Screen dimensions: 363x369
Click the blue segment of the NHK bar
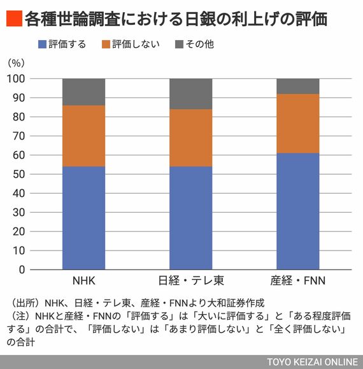coord(83,218)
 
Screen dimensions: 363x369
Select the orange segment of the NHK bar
coord(83,136)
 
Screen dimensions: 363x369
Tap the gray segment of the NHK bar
coord(83,92)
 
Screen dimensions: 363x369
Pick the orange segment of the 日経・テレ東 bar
coord(190,138)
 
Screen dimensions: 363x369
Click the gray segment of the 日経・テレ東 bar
coord(190,94)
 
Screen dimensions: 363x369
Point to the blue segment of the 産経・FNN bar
coord(298,212)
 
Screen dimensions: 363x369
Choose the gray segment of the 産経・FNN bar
coord(298,86)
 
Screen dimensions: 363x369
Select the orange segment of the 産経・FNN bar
coord(298,124)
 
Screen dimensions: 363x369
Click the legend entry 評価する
coord(62,44)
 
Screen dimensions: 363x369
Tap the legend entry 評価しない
coord(131,44)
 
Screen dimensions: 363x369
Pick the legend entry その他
coord(194,44)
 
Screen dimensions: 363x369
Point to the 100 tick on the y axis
coord(16,79)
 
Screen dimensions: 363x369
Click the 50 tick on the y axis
coord(18,175)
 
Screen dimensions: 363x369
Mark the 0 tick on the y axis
coord(22,270)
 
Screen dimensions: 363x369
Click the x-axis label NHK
coord(83,280)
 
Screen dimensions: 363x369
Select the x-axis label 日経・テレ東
coord(191,280)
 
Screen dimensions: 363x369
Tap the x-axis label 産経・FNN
coord(298,280)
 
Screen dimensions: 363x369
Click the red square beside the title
coord(15,18)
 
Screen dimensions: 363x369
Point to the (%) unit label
coord(16,63)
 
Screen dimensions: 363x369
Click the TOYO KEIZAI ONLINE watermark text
coord(313,362)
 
